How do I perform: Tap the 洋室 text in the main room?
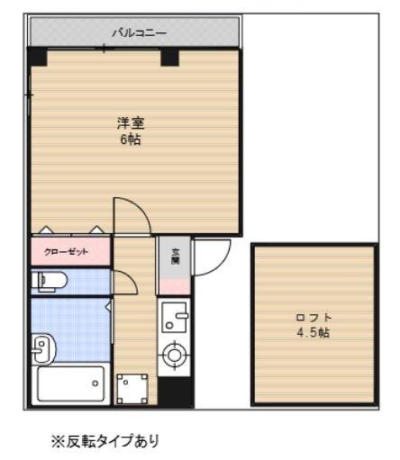pyautogui.click(x=132, y=123)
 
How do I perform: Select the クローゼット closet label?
pyautogui.click(x=71, y=251)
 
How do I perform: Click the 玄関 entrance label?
pyautogui.click(x=175, y=254)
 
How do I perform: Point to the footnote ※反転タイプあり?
pyautogui.click(x=107, y=442)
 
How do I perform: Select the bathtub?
pyautogui.click(x=71, y=385)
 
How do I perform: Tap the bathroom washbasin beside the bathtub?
pyautogui.click(x=41, y=346)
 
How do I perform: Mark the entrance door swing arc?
pyautogui.click(x=209, y=257)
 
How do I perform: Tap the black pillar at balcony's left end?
pyautogui.click(x=38, y=57)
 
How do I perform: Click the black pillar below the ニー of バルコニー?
pyautogui.click(x=169, y=57)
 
